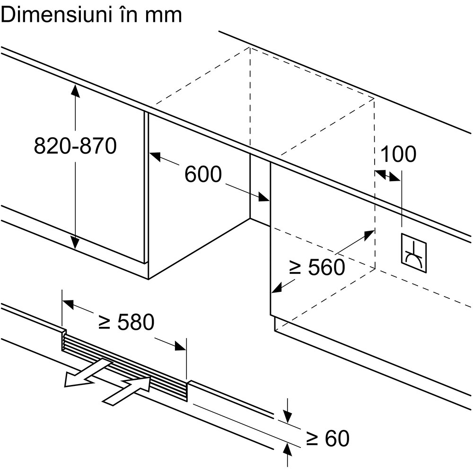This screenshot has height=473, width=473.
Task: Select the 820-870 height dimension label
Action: pos(75,146)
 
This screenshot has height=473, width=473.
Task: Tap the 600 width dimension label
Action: pos(202,174)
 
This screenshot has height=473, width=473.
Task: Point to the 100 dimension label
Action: pos(398,154)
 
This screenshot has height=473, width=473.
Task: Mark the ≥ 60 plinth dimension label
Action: pos(327,438)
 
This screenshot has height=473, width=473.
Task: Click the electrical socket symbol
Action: pos(413,254)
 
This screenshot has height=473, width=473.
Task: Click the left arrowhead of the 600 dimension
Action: pos(156,157)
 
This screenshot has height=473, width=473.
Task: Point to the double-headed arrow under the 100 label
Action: pos(387,175)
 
